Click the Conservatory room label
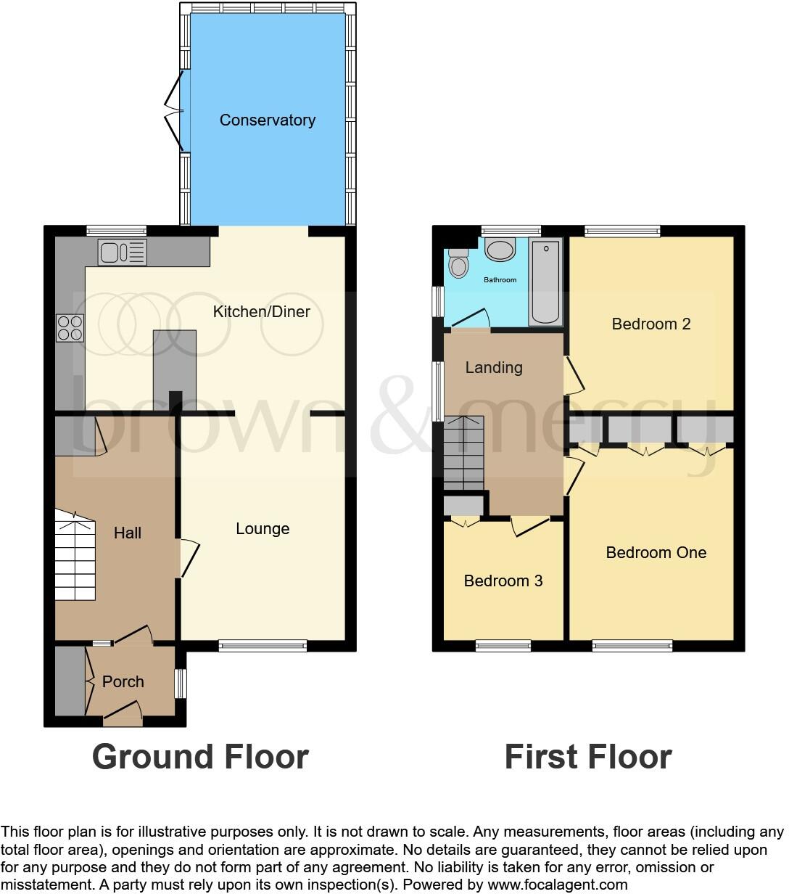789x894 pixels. coord(268,120)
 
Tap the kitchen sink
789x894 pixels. coord(123,253)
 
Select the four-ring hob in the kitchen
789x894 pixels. coord(70,327)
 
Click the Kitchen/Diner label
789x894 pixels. coord(261,312)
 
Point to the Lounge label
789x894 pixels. coord(263,529)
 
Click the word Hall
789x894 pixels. coord(128,533)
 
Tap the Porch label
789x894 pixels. coord(123,682)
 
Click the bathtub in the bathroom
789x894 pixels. coord(545,282)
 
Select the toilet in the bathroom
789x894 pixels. coord(458,263)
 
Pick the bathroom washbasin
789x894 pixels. coord(500,250)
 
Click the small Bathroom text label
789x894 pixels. coord(500,280)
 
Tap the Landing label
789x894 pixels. coord(494,368)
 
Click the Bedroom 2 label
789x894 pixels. coord(651,324)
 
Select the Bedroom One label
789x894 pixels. coord(656,553)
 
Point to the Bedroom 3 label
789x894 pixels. coord(503,581)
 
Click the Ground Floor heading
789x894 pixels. coord(200,757)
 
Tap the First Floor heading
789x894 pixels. coord(588,757)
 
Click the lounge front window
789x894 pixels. coord(263,646)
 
